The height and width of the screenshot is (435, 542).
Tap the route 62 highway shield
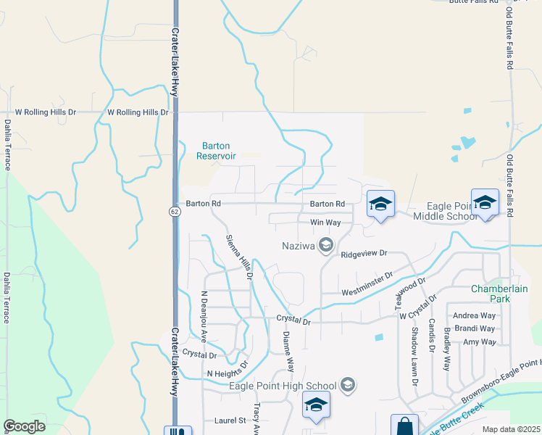tap(175, 211)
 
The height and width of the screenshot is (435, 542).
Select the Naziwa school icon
tap(325, 246)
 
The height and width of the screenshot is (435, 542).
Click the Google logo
tap(24, 426)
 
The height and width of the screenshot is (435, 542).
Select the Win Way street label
tap(325, 223)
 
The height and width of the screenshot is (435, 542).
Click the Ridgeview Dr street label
tap(364, 254)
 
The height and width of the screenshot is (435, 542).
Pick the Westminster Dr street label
tap(367, 283)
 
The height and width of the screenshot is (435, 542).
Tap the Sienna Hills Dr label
tap(238, 257)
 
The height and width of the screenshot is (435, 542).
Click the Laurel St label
tap(231, 420)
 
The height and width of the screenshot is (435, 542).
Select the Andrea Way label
tap(474, 315)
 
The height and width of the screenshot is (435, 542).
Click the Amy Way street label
tap(479, 341)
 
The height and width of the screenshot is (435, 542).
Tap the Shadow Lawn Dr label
tap(415, 355)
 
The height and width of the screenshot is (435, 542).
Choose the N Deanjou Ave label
tap(204, 317)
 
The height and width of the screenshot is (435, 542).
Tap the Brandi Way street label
tap(475, 328)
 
